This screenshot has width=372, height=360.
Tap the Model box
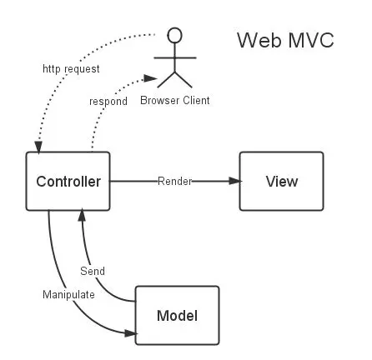(x=177, y=316)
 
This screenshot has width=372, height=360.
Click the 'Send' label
(x=92, y=272)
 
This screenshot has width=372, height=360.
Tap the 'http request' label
(x=71, y=70)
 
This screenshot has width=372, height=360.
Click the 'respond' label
(x=108, y=101)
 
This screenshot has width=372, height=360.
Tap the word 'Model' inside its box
(x=177, y=316)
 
